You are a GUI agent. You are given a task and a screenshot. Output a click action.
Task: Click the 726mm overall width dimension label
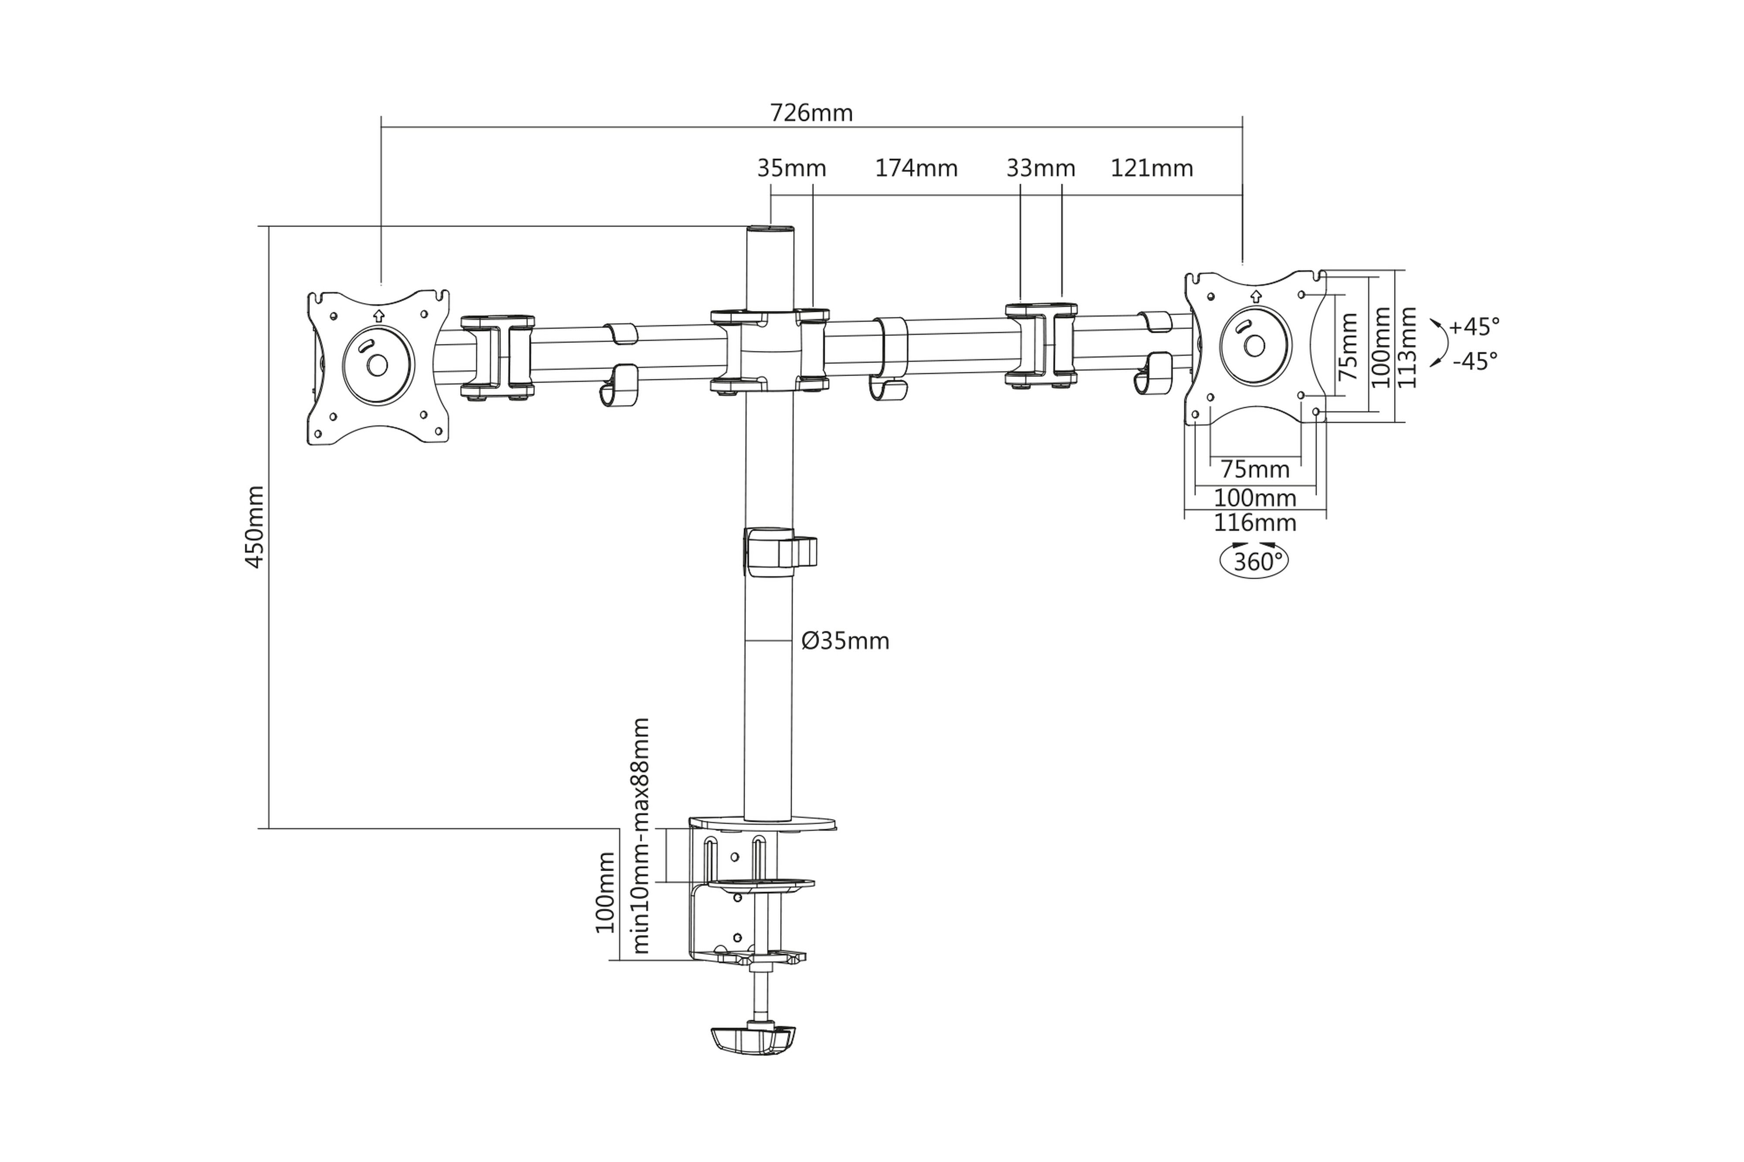pos(811,113)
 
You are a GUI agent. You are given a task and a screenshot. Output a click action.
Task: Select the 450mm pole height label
pos(254,527)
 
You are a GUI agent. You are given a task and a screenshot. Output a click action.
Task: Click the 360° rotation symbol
pos(1253,562)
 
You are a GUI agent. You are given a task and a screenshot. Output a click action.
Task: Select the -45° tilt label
pos(1474,362)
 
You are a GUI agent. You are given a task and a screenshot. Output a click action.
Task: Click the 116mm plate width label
pos(1254,523)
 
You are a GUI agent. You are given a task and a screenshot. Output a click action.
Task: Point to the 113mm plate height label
pos(1406,347)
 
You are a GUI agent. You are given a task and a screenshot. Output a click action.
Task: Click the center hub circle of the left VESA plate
pos(377,365)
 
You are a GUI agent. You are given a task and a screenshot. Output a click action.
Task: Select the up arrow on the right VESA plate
pos(1255,296)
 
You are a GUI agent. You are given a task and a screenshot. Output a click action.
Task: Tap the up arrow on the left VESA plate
pos(379,315)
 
